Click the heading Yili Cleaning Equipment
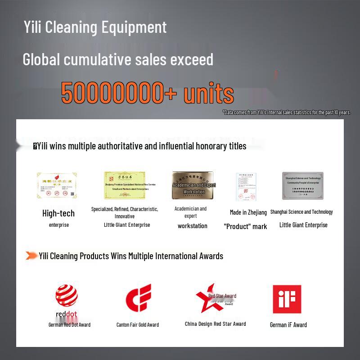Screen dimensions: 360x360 [95, 27]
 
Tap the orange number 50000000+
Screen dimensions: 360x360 [119, 93]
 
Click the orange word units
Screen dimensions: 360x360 [208, 94]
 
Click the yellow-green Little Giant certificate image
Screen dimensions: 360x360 [124, 185]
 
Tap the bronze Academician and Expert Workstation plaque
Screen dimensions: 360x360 [193, 185]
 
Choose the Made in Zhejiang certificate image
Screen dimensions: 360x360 [246, 187]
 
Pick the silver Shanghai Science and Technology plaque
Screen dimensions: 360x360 [302, 185]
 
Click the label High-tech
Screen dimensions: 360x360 [58, 213]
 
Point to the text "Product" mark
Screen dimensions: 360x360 [245, 226]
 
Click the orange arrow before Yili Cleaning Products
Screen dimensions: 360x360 [31, 256]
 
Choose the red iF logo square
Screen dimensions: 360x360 [287, 299]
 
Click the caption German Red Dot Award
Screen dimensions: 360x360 [69, 324]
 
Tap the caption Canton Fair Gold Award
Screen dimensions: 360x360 [138, 324]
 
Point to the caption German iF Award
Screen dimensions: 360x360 [288, 324]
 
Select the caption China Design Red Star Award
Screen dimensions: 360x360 [215, 324]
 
